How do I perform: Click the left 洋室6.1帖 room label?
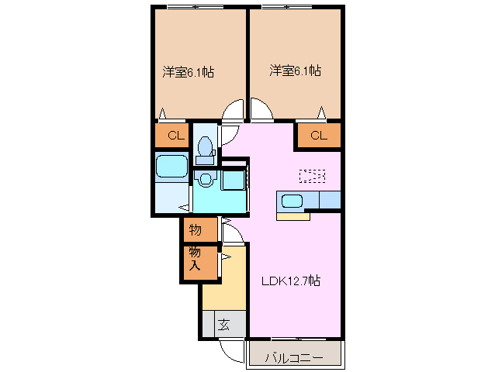(188, 72)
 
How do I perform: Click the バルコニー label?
(293, 357)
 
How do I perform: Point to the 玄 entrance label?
(223, 324)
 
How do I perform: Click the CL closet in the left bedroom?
(175, 136)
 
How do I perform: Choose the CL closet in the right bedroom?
(318, 136)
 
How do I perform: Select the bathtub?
(171, 166)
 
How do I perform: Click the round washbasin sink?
(205, 180)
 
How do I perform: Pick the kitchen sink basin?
(292, 201)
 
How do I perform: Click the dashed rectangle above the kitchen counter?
(312, 175)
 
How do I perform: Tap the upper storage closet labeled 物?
(195, 229)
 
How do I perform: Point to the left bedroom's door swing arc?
(231, 115)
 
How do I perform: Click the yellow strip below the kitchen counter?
(292, 216)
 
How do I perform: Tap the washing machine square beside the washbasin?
(234, 181)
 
